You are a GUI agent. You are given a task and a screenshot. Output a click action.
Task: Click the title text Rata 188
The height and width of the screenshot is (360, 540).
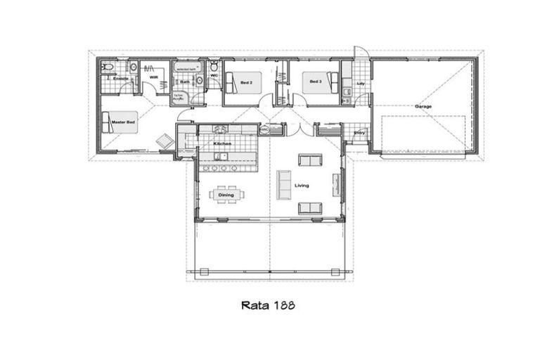(267, 305)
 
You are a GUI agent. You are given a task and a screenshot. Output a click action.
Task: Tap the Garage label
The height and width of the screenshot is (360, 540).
(423, 106)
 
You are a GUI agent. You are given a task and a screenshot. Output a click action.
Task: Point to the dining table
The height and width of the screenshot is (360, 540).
(226, 195)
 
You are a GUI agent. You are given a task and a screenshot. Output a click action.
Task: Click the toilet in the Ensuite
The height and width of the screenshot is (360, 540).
(106, 67)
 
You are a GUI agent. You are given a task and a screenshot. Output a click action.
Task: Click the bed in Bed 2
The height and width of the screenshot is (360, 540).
(247, 83)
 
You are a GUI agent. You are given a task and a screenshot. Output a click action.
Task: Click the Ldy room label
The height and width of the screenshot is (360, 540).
(361, 84)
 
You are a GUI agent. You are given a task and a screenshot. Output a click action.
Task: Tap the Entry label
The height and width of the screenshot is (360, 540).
(359, 131)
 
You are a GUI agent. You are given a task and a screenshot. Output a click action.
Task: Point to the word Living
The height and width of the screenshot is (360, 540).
(302, 186)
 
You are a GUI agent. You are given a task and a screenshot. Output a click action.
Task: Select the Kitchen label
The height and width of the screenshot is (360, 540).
(222, 144)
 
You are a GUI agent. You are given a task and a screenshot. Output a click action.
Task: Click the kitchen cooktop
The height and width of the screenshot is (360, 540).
(220, 129)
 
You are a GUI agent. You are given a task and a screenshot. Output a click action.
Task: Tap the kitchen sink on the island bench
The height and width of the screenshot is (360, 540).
(222, 156)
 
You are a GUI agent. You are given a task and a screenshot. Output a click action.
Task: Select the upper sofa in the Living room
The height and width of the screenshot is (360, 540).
(310, 160)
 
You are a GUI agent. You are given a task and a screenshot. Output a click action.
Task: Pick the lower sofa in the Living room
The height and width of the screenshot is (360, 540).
(310, 208)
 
